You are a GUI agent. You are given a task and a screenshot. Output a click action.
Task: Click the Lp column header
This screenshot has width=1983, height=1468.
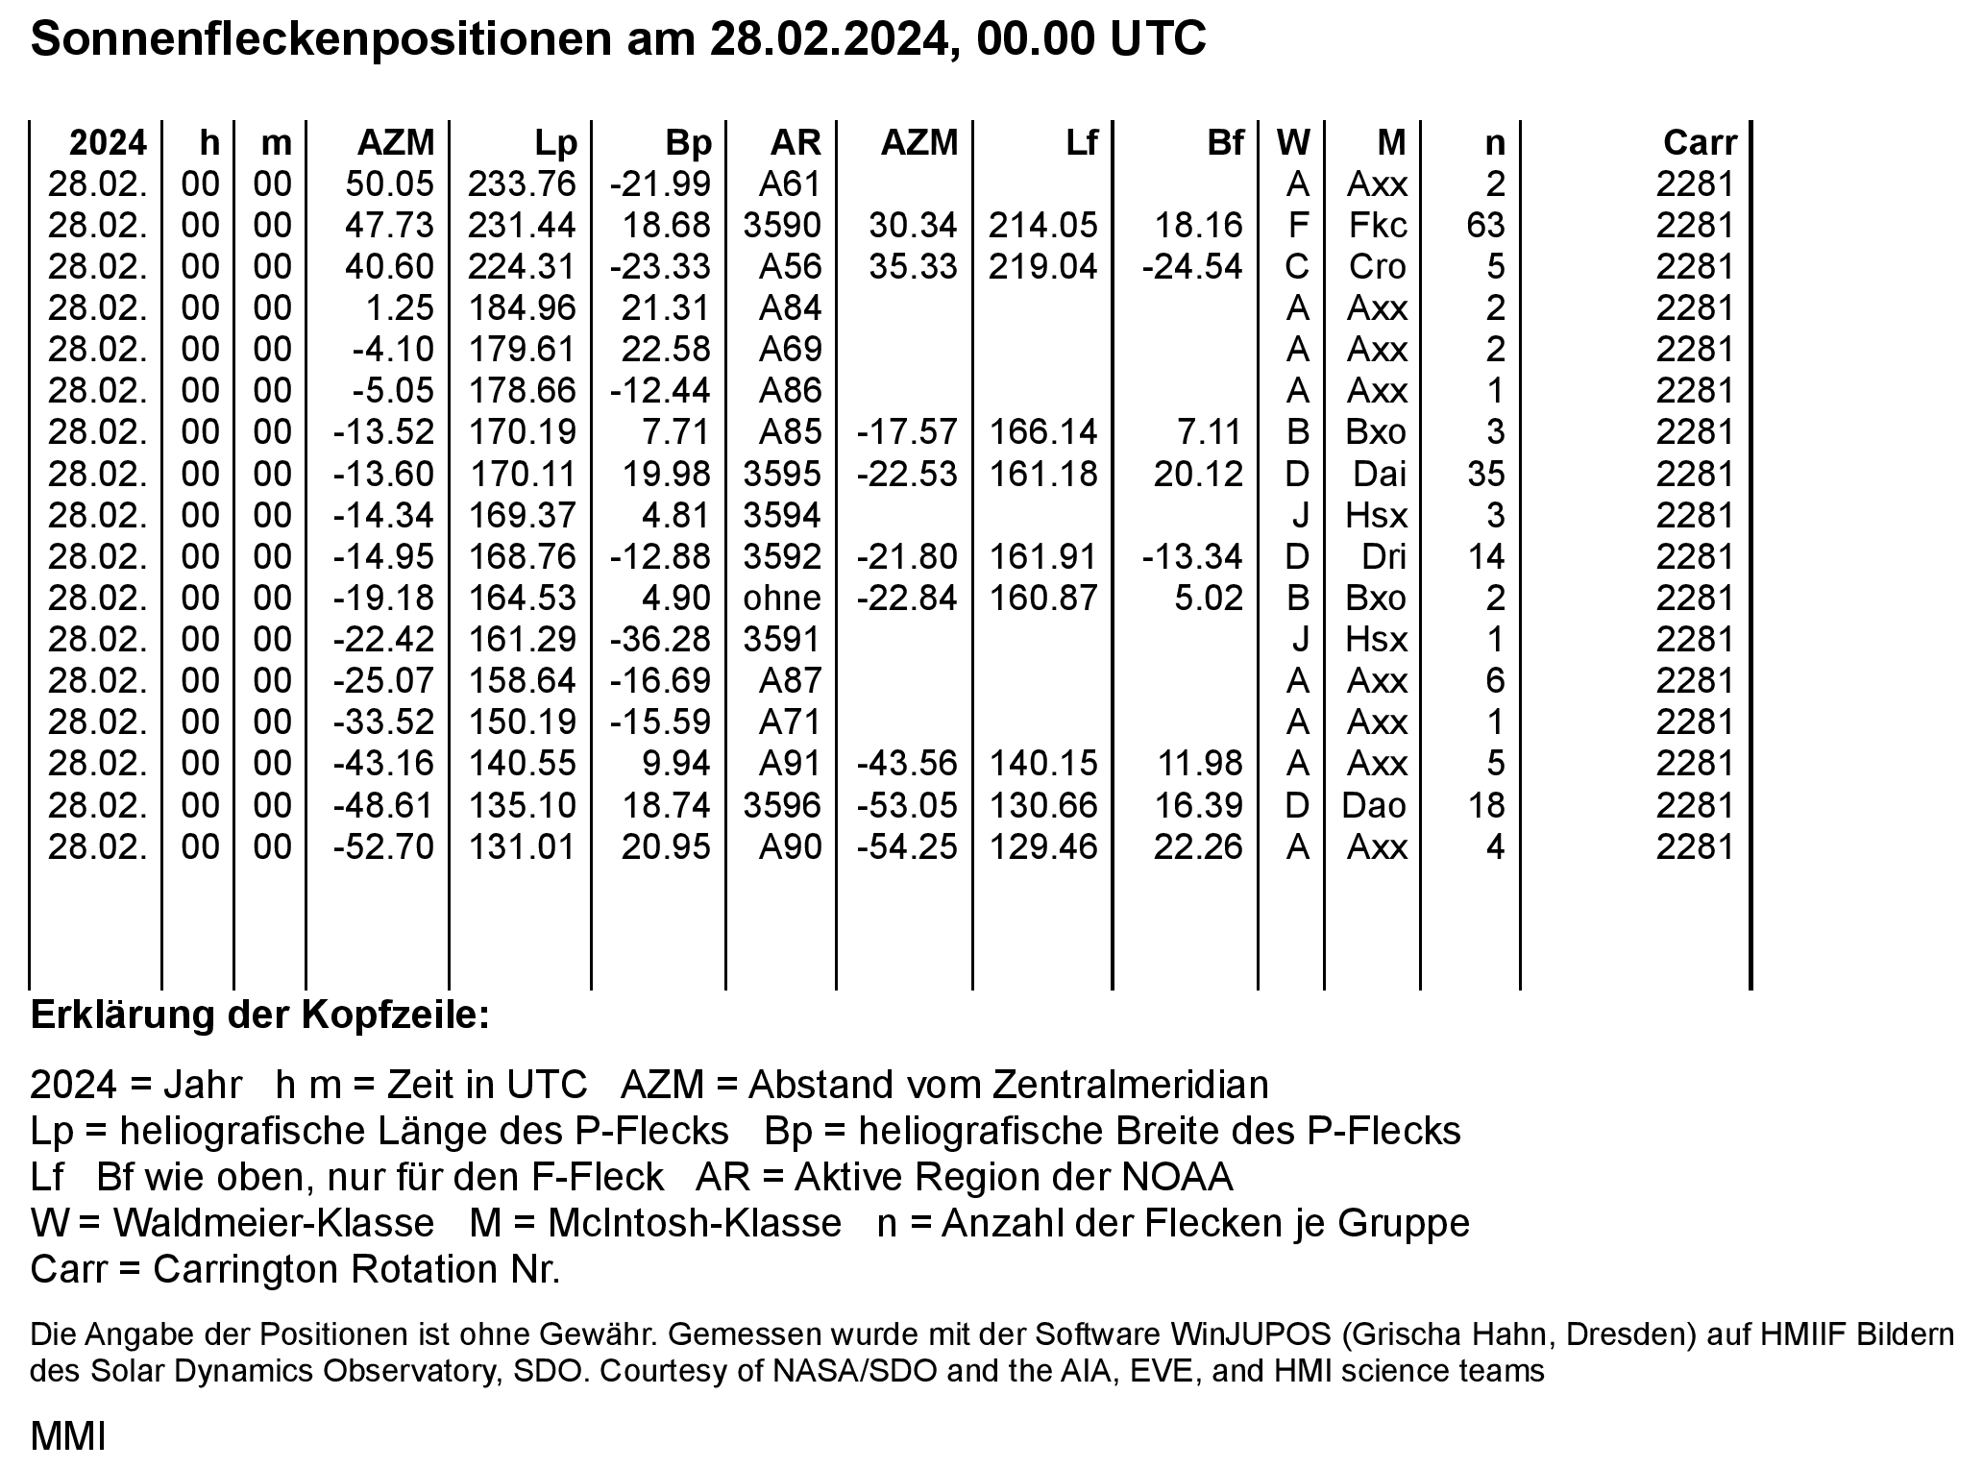tap(556, 143)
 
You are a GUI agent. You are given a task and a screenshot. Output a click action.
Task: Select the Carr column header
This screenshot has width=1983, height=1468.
tap(1700, 143)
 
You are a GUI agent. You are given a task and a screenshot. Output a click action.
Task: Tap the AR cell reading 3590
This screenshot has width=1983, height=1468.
tap(782, 226)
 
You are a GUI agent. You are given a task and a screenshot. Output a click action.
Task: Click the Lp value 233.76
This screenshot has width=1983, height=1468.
tap(522, 184)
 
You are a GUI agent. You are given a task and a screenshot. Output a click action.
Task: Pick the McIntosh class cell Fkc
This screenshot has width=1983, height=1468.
tap(1377, 226)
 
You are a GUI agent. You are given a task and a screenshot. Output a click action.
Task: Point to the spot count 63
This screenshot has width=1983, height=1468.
tap(1485, 226)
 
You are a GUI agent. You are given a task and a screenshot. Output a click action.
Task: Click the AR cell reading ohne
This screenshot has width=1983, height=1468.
tap(782, 599)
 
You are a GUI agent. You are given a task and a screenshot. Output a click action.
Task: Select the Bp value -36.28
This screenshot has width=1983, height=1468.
tap(660, 640)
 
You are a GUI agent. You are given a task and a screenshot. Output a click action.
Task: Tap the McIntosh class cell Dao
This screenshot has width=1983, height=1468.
tap(1374, 805)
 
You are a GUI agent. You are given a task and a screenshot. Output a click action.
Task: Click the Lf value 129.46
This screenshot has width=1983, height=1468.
tap(1042, 846)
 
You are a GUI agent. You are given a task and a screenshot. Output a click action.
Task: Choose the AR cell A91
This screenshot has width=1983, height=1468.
tap(790, 764)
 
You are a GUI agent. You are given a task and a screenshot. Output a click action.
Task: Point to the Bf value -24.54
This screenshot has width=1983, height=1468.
tap(1192, 267)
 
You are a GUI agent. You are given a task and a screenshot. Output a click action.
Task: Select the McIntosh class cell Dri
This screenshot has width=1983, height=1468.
tap(1383, 557)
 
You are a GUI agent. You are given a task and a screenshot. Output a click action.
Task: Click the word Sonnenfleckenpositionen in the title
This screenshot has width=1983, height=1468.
tap(320, 40)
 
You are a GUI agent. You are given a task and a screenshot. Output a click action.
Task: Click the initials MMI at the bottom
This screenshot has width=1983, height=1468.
tap(67, 1437)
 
